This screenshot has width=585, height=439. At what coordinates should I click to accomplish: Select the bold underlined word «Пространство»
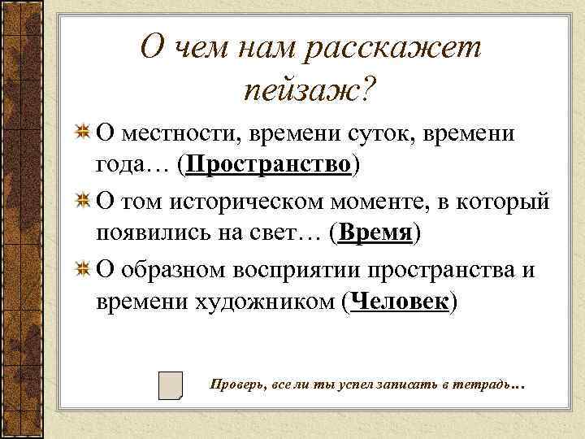tap(270, 165)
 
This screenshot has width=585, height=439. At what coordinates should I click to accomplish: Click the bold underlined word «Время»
tap(375, 234)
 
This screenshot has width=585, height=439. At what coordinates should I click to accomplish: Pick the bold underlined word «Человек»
tap(399, 302)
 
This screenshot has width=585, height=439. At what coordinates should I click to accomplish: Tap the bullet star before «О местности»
tap(82, 132)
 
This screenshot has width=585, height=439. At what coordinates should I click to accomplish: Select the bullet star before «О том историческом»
tap(82, 201)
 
